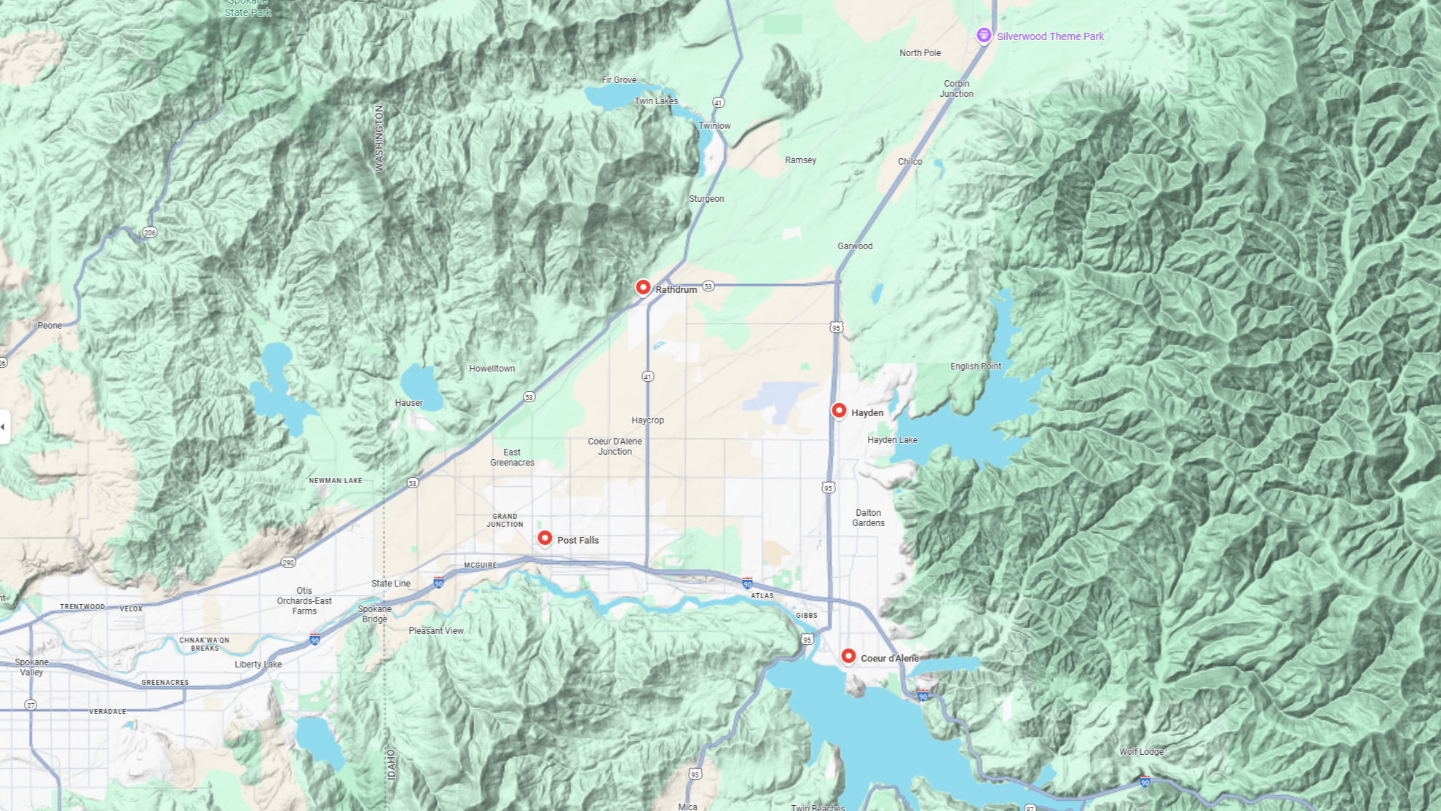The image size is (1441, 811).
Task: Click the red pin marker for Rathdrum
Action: click(643, 288)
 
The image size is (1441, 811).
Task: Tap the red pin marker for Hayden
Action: click(839, 411)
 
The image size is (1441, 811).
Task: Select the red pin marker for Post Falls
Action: click(545, 538)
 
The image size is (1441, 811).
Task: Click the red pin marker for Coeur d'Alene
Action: click(848, 657)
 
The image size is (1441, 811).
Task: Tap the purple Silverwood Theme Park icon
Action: click(984, 35)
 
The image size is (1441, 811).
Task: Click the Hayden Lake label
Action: click(892, 440)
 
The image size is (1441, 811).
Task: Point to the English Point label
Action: click(975, 367)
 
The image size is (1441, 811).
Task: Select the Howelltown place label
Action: click(491, 369)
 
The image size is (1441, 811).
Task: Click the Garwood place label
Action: click(854, 246)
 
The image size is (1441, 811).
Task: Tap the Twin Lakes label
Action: click(655, 101)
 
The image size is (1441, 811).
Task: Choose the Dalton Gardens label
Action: click(868, 518)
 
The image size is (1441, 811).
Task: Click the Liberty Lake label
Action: click(258, 665)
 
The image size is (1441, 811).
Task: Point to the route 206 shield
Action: click(150, 232)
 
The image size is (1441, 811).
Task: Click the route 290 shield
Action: click(288, 563)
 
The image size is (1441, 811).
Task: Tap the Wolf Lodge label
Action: click(1141, 752)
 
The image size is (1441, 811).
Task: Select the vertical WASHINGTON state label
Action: click(379, 138)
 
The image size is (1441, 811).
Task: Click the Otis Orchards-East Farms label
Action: click(304, 601)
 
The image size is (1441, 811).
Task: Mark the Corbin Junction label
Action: click(956, 89)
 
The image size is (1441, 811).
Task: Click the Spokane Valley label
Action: click(31, 667)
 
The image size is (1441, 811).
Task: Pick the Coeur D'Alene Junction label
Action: click(615, 447)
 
